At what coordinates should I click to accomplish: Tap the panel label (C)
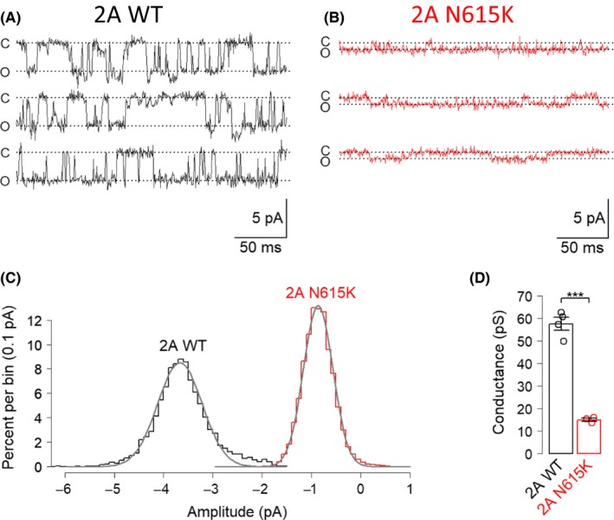(x=15, y=279)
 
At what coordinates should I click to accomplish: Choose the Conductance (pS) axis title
(x=514, y=375)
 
